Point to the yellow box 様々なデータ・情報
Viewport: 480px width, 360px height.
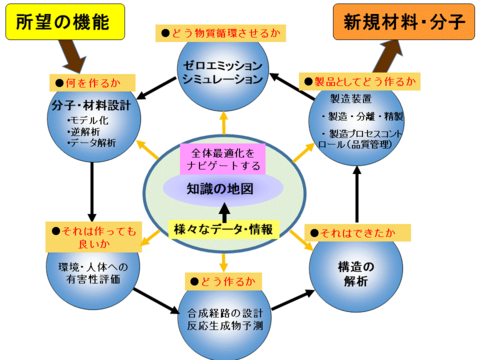click(223, 229)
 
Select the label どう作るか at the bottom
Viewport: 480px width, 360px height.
click(222, 279)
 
